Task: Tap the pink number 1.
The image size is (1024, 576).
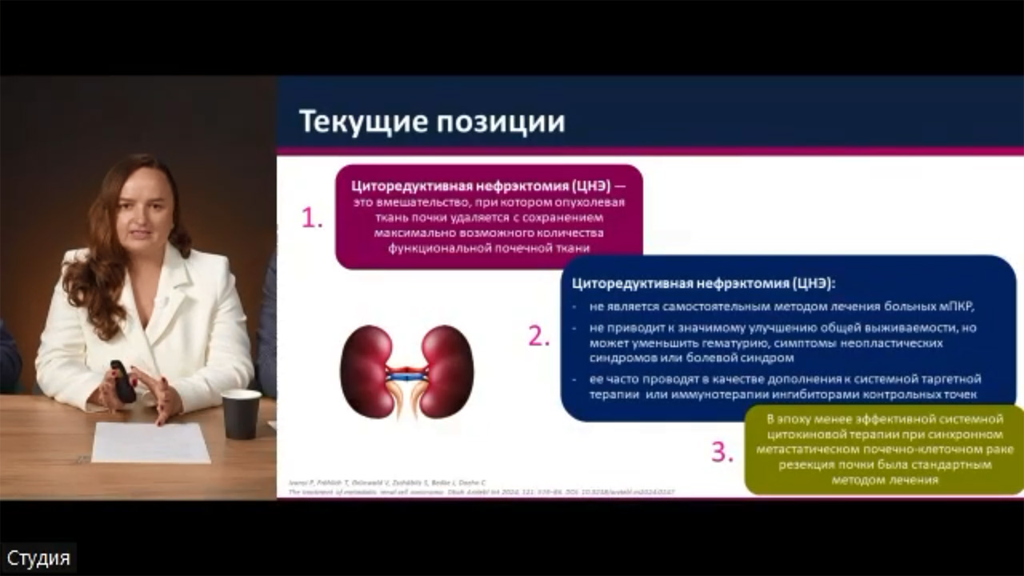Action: [311, 218]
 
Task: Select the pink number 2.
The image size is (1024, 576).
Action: [539, 337]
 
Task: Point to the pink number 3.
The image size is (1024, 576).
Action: [722, 453]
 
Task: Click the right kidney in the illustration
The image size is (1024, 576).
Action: [446, 371]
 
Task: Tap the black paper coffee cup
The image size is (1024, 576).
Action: [241, 414]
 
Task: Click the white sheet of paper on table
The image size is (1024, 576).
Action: [151, 442]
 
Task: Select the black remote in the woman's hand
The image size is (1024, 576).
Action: [122, 382]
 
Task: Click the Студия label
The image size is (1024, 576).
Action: [38, 558]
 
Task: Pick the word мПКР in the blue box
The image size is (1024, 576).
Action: [956, 306]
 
